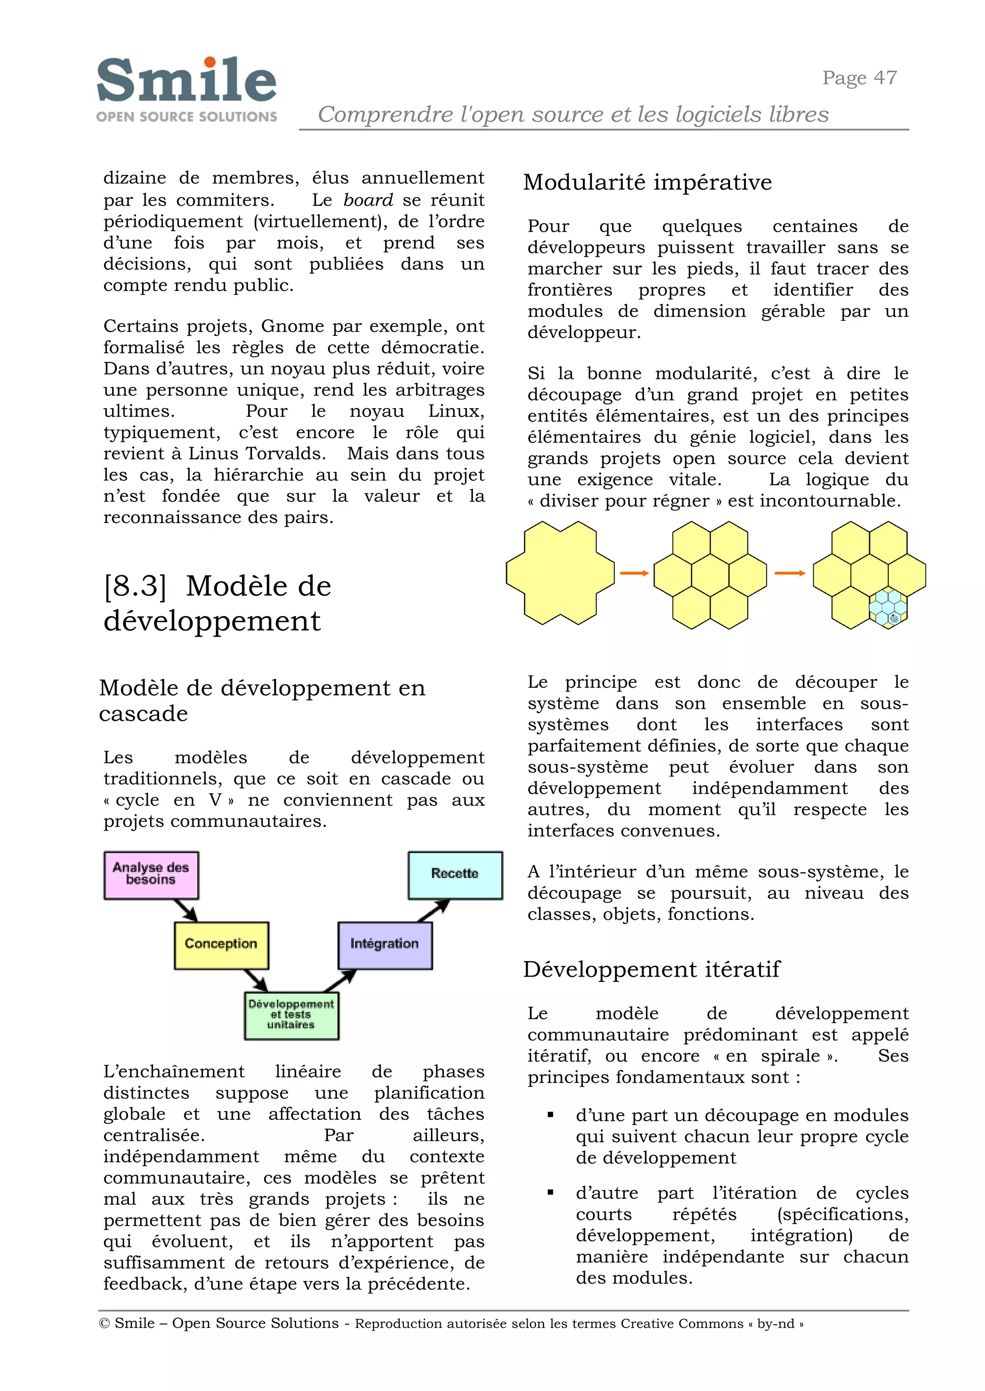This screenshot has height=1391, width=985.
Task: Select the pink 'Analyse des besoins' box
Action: click(x=151, y=875)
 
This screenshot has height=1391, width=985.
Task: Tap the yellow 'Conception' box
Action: click(x=221, y=945)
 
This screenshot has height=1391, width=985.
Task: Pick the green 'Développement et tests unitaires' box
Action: click(x=291, y=1015)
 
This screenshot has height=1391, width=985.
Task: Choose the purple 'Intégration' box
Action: click(x=385, y=945)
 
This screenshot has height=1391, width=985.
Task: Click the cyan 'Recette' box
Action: click(x=455, y=875)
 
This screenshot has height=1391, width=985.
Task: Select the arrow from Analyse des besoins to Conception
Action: click(x=185, y=910)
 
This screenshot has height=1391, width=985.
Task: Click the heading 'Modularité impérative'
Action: click(x=647, y=183)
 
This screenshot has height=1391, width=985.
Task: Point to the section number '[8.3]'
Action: click(x=135, y=586)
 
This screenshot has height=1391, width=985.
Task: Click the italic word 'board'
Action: click(x=367, y=200)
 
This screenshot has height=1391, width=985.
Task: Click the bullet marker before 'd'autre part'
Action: click(x=550, y=1192)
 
